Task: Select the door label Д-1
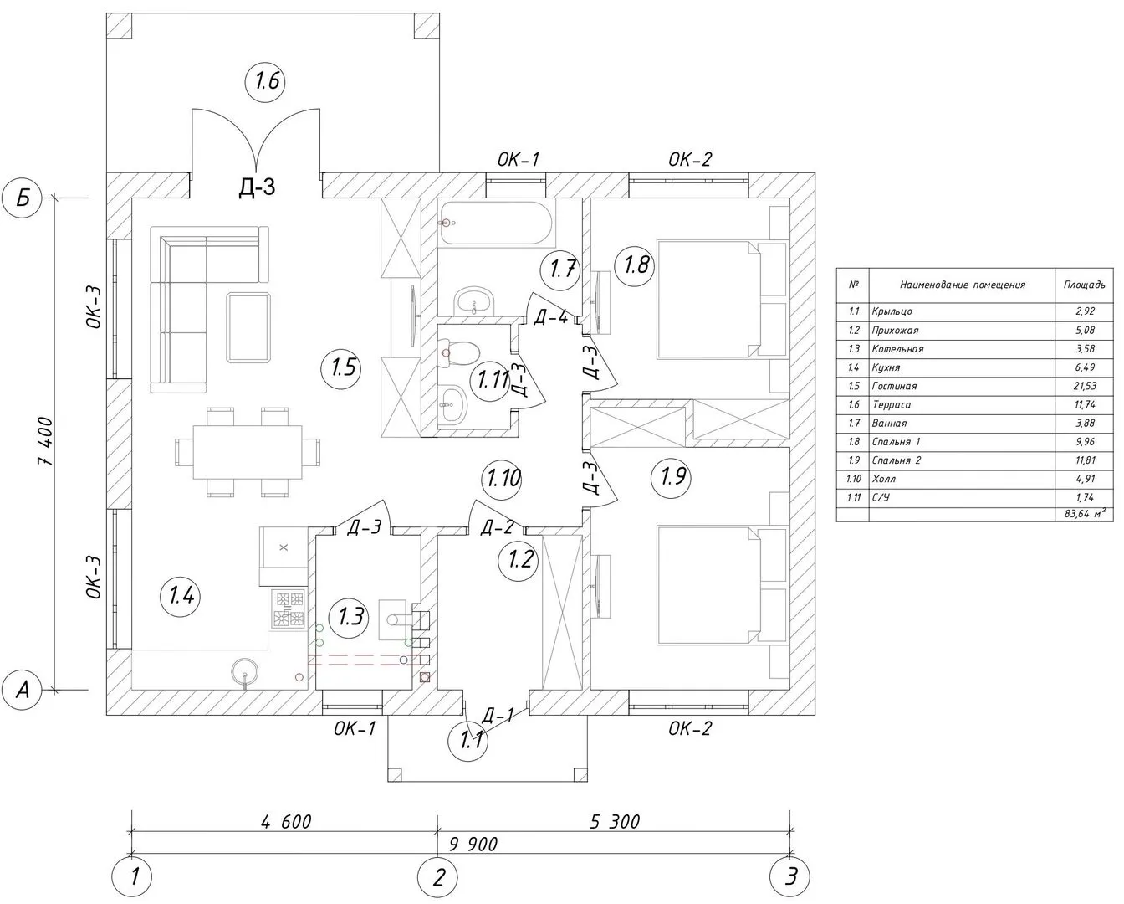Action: [498, 714]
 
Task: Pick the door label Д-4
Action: [550, 316]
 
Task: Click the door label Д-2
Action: [497, 526]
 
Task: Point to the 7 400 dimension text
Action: [47, 442]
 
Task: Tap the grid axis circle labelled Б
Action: [23, 198]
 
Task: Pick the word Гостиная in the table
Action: [893, 386]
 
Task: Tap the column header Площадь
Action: [1084, 285]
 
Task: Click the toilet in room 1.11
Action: [460, 352]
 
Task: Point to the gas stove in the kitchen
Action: [289, 609]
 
